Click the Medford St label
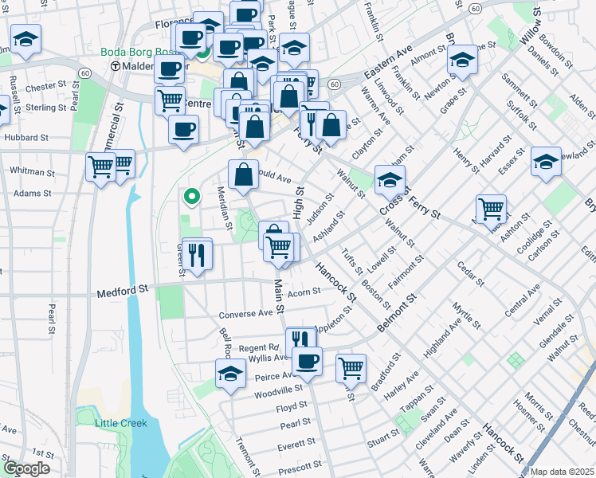click(124, 293)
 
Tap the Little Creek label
click(121, 423)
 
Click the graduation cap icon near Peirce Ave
click(230, 373)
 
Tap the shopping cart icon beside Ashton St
click(492, 210)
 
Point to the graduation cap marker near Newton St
click(461, 59)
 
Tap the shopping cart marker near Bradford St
click(351, 368)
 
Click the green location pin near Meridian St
click(191, 195)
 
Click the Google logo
click(26, 469)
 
